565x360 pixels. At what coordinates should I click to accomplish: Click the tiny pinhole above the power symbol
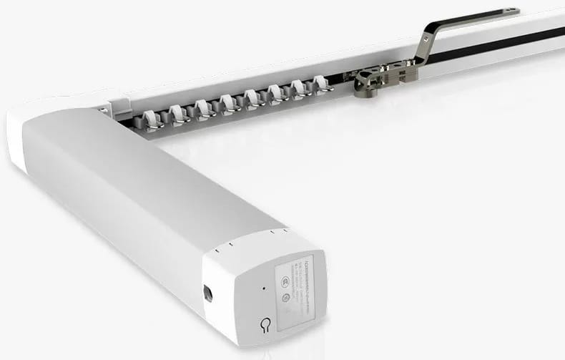pyautogui.click(x=263, y=289)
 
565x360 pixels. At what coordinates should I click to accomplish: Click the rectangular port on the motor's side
pyautogui.click(x=207, y=293)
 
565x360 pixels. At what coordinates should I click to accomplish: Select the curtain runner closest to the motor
pyautogui.click(x=151, y=117)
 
